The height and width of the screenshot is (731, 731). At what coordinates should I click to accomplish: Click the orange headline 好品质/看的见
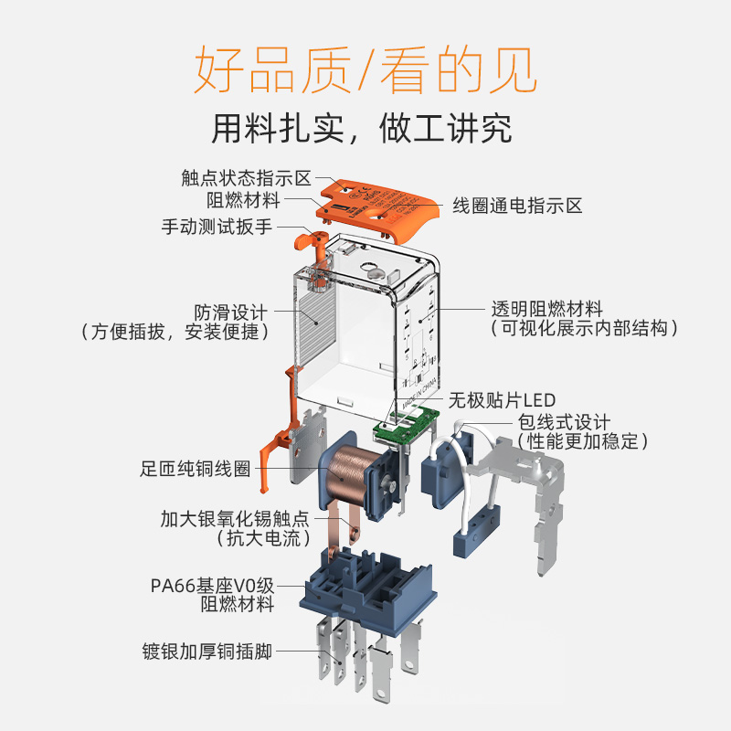pos(365,69)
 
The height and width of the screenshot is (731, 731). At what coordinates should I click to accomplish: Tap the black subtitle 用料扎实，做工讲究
pos(362,128)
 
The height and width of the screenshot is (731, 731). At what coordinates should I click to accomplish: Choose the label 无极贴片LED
pos(501,400)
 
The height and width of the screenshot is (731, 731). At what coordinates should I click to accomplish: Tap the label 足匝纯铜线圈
pos(195,471)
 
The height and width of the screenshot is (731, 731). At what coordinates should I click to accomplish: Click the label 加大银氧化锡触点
pos(235,518)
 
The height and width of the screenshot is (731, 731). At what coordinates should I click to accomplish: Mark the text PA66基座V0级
pos(212,585)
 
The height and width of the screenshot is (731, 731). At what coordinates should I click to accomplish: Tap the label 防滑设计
pos(231,311)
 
